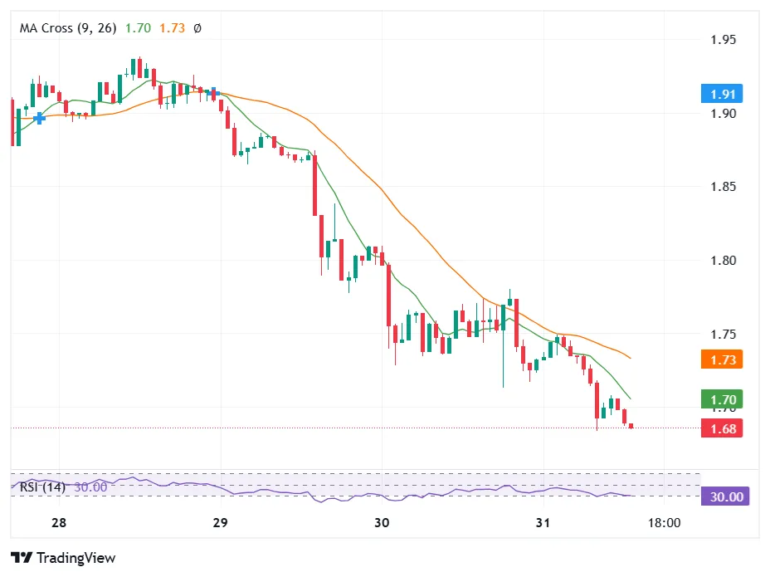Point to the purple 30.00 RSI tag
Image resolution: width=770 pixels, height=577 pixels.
724,496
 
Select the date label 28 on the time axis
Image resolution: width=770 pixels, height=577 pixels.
58,524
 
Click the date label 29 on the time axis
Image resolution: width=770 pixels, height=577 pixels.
220,524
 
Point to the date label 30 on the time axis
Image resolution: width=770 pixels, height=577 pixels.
382,524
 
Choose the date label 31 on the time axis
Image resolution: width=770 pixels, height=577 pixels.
543,524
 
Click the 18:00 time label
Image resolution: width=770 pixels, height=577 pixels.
664,524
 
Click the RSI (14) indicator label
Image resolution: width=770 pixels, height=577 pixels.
43,487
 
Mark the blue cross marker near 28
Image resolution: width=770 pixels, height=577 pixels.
39,119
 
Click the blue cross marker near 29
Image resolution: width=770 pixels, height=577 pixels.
213,92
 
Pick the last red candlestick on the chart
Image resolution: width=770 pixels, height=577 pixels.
631,426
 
